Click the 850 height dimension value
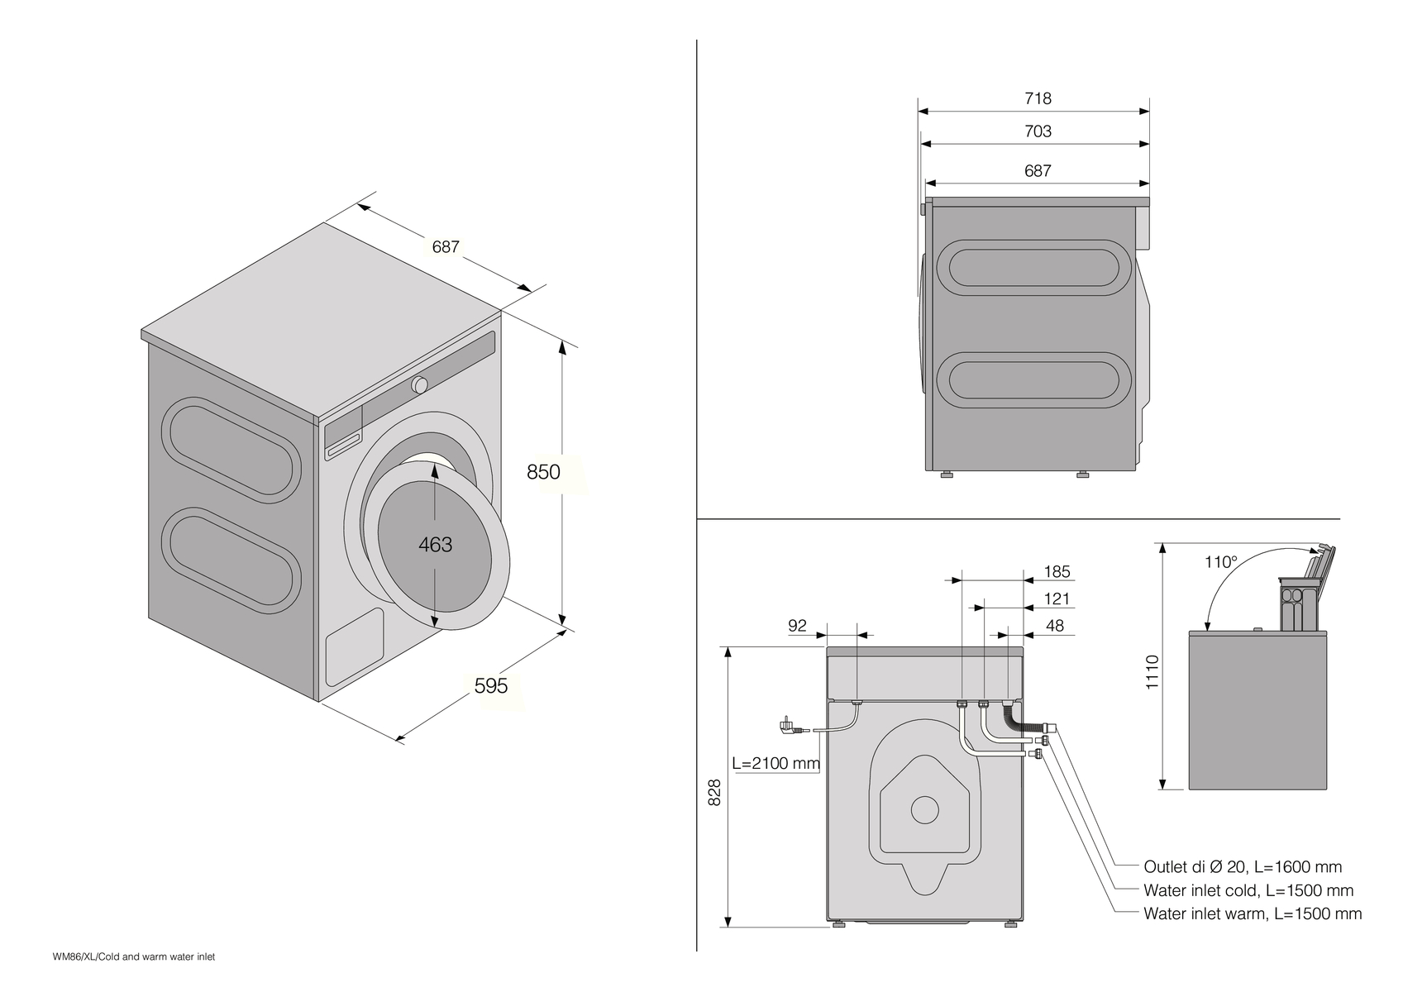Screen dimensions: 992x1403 click(x=543, y=472)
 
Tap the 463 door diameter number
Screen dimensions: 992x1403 click(x=435, y=545)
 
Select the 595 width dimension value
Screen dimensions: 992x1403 click(x=490, y=686)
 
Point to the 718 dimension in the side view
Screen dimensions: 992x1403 click(x=1038, y=98)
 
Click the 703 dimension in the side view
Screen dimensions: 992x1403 click(x=1038, y=131)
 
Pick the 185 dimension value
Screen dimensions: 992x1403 click(x=1057, y=572)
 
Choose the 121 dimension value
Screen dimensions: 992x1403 click(x=1057, y=599)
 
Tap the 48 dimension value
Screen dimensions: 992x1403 click(x=1055, y=626)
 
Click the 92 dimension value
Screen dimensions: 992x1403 click(x=797, y=626)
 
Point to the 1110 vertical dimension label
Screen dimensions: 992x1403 click(x=1153, y=671)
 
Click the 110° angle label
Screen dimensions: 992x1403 click(x=1220, y=563)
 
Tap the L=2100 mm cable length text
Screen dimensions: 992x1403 click(x=775, y=763)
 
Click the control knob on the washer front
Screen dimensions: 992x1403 click(x=420, y=385)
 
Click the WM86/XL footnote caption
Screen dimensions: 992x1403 click(x=133, y=956)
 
